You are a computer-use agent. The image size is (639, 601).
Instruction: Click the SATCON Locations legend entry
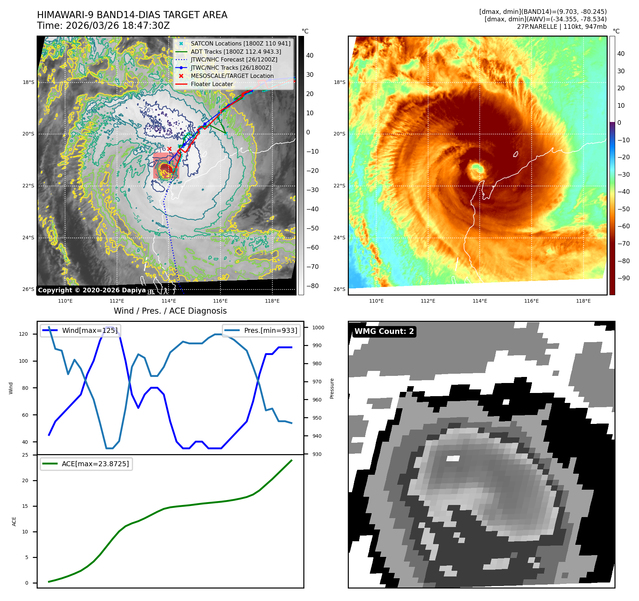click(x=240, y=43)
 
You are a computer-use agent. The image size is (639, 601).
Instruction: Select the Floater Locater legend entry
click(x=212, y=84)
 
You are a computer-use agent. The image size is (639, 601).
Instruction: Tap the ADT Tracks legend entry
click(x=236, y=52)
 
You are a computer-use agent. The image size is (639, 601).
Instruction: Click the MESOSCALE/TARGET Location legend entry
click(x=232, y=76)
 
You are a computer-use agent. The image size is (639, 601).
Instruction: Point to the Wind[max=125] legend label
click(x=90, y=330)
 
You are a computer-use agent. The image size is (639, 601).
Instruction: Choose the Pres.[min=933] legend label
click(x=271, y=330)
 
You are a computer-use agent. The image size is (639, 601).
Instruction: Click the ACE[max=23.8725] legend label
click(x=95, y=464)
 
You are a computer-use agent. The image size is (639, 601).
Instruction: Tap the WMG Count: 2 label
click(x=384, y=331)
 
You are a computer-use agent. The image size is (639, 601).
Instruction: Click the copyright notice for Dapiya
click(x=92, y=290)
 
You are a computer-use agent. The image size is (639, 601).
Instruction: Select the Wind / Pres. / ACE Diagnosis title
click(x=170, y=311)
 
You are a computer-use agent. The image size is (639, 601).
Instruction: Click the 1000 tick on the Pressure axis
click(x=318, y=328)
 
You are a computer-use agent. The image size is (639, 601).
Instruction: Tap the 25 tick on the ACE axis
click(x=25, y=455)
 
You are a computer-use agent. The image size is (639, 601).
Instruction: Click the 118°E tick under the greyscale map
click(x=272, y=301)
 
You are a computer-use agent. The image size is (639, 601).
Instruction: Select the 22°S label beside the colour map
click(x=339, y=186)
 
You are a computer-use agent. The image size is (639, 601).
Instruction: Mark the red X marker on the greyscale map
click(x=169, y=149)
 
